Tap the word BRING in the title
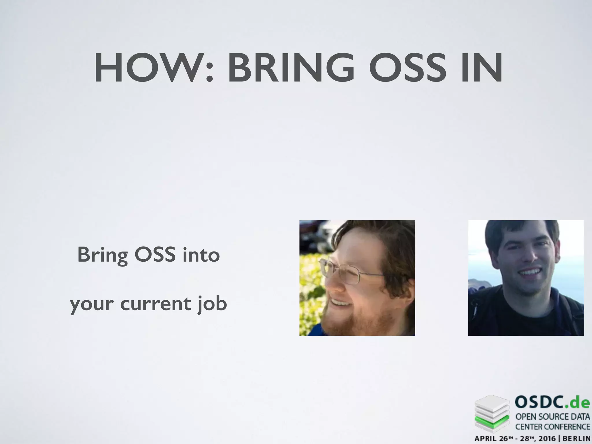point(291,69)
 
